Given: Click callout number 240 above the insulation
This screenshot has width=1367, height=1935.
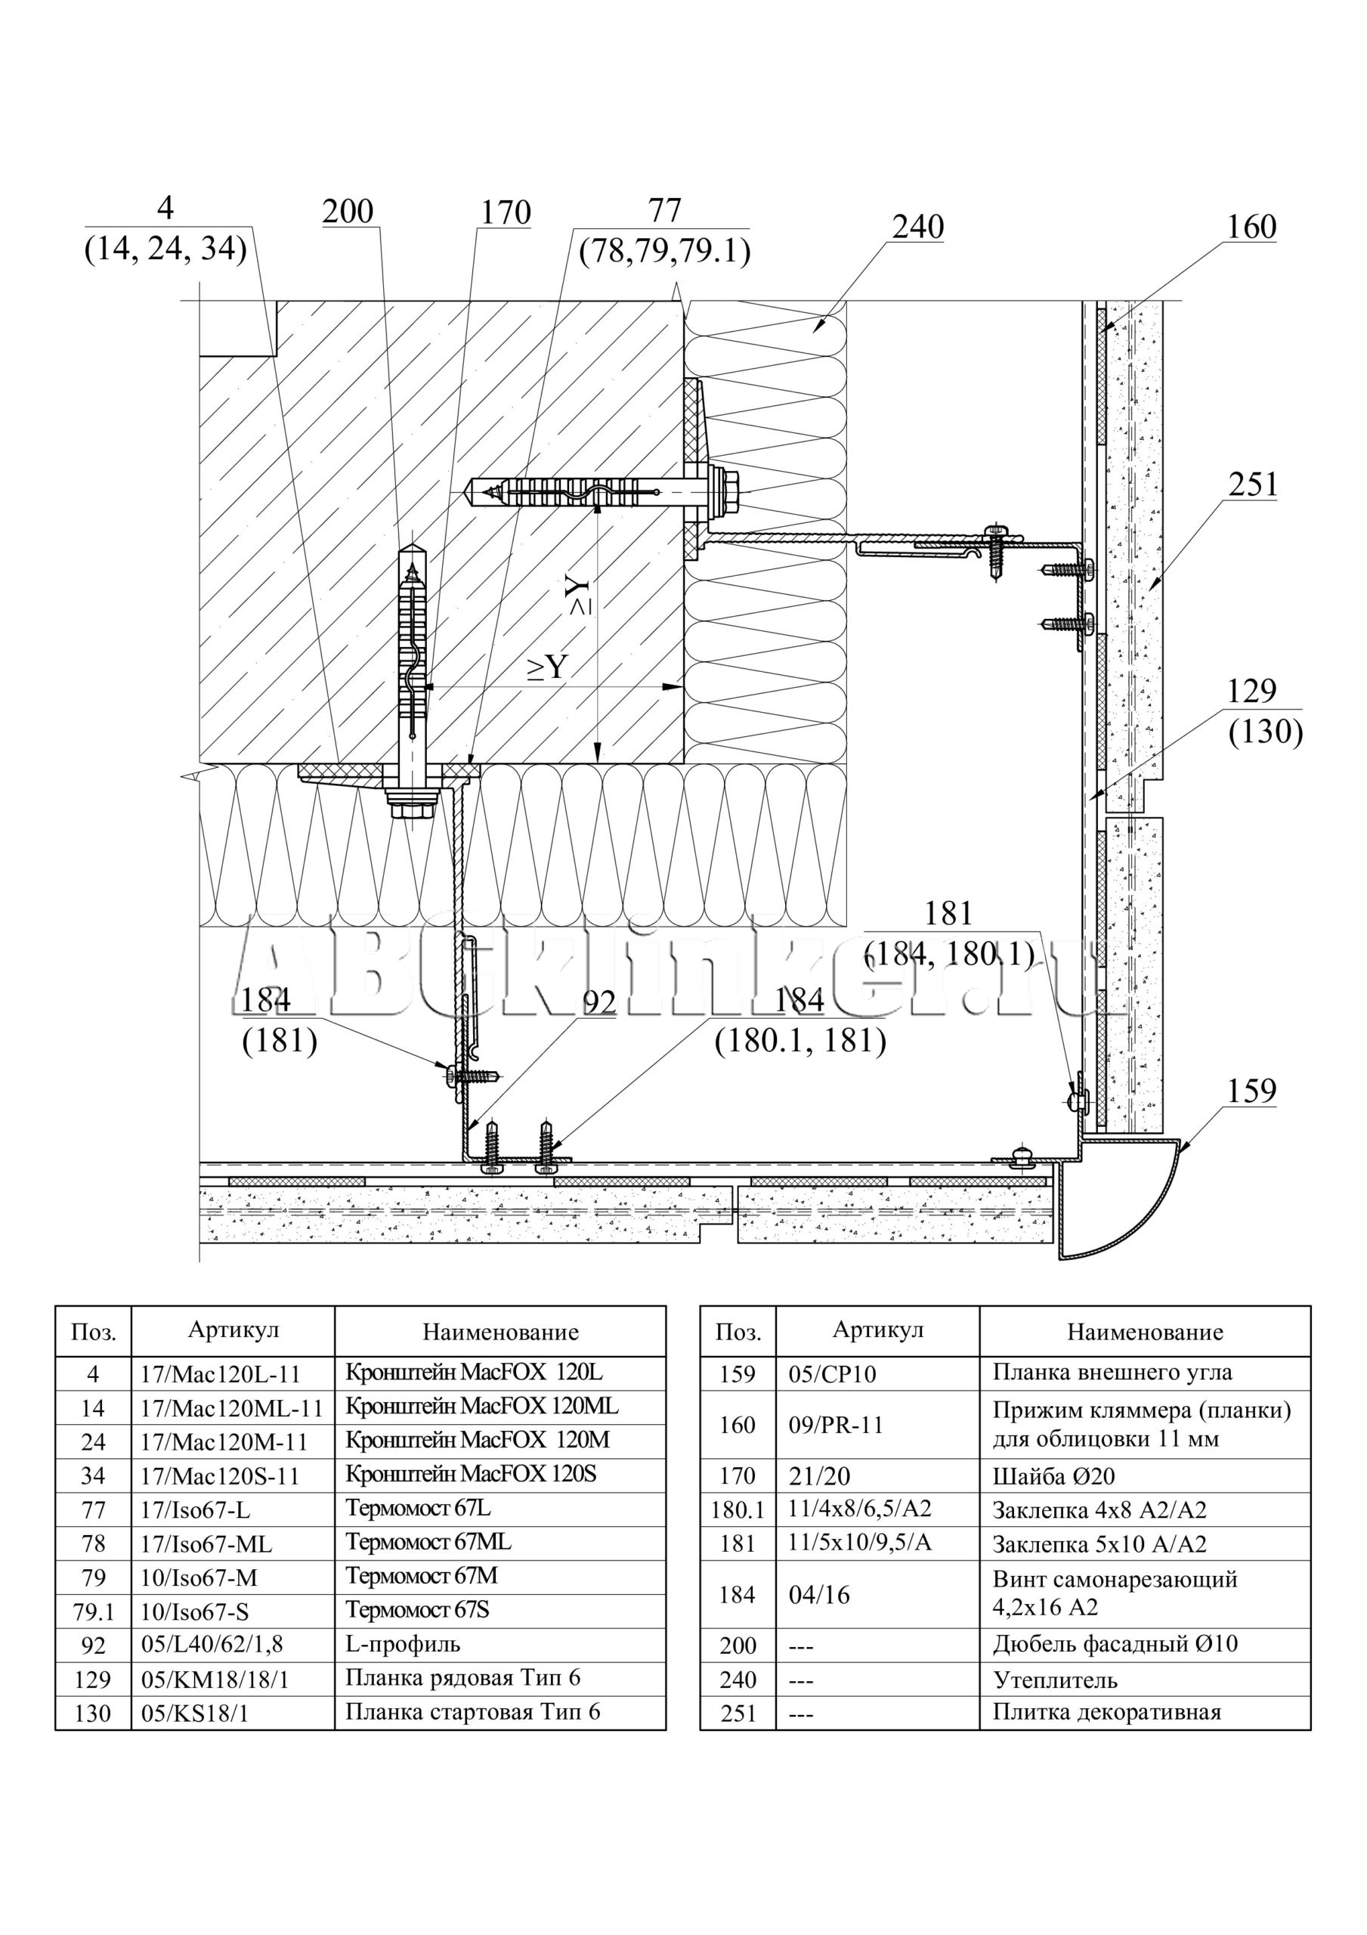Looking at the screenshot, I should [x=918, y=228].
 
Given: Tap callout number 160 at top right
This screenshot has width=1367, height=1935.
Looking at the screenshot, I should [x=1251, y=228].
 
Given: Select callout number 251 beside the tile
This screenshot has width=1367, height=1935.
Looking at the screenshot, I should [x=1252, y=485].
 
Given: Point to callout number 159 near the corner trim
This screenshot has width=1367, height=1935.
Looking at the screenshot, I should [x=1251, y=1091].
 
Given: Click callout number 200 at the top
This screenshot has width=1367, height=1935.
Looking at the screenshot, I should [x=347, y=211].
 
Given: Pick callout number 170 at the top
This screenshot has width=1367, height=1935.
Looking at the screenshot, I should [x=505, y=212].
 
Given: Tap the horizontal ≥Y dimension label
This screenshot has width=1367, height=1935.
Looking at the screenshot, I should [x=546, y=667].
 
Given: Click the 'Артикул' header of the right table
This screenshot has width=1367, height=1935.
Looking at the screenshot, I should [x=877, y=1330].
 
